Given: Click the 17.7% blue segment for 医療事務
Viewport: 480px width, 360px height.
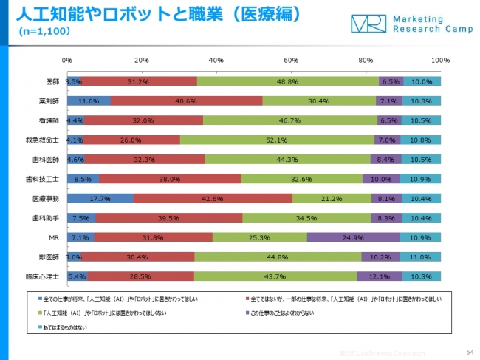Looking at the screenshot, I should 100,198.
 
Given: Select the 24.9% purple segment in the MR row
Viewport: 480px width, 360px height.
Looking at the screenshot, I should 354,237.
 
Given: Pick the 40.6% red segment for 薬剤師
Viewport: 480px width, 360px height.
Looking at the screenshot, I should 186,101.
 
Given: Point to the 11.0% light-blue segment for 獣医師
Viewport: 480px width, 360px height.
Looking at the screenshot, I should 420,257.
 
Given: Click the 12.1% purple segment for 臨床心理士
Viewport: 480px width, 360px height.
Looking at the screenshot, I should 380,276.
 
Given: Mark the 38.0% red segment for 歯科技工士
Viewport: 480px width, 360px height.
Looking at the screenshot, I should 170,178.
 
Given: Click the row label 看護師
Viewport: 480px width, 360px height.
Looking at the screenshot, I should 51,120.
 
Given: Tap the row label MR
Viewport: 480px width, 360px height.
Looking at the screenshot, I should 55,237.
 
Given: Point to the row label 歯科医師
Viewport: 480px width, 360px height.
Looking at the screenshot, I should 48,159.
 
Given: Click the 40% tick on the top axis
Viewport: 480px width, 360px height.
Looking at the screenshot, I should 216,60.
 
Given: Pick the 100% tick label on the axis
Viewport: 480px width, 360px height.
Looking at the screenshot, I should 440,60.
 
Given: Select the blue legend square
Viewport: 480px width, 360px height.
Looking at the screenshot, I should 40,298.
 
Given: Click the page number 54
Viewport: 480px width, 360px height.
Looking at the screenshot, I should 470,353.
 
